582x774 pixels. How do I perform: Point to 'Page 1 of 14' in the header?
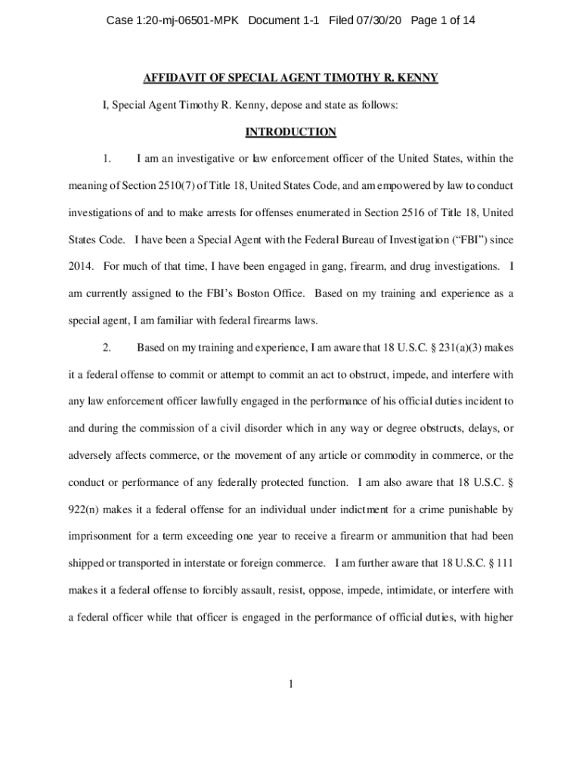coord(443,20)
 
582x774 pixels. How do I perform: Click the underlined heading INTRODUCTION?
coord(291,132)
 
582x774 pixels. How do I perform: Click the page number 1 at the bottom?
coord(291,685)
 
